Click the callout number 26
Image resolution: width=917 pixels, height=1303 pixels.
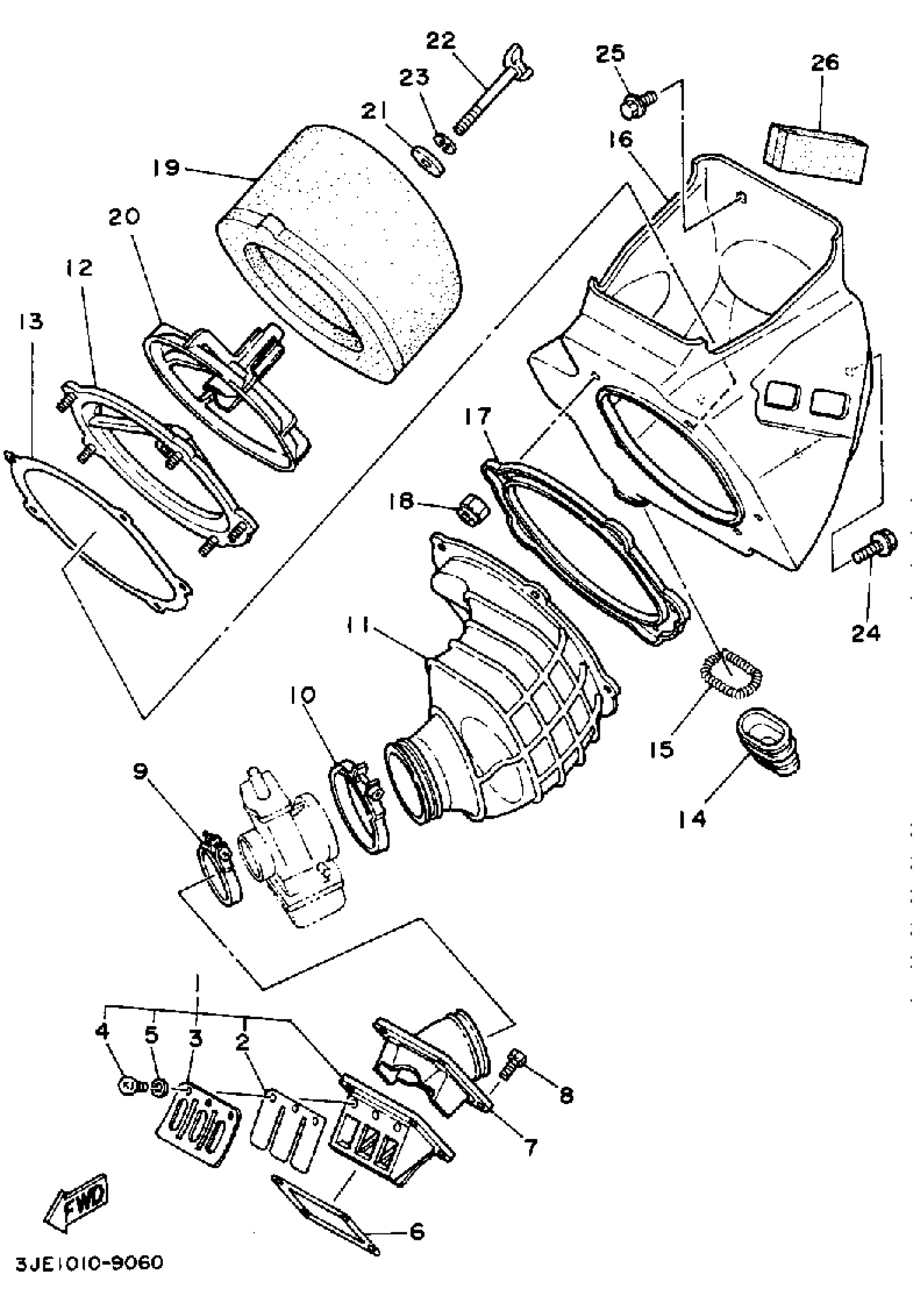pyautogui.click(x=825, y=63)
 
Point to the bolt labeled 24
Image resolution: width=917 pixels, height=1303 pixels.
pyautogui.click(x=876, y=545)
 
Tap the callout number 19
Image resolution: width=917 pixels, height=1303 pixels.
pyautogui.click(x=165, y=168)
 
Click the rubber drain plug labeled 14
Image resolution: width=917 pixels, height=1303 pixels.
pyautogui.click(x=767, y=742)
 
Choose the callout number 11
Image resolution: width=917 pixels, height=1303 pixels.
pyautogui.click(x=359, y=626)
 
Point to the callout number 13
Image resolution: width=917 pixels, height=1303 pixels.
pyautogui.click(x=30, y=322)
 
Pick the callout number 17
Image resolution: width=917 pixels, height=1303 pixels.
pyautogui.click(x=477, y=417)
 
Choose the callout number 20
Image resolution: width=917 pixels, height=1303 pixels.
pyautogui.click(x=124, y=216)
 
